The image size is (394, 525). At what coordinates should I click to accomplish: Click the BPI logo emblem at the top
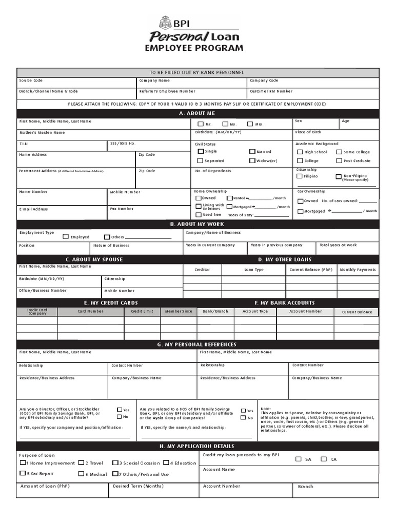click(165, 23)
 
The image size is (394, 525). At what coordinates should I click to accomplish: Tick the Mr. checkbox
click(201, 124)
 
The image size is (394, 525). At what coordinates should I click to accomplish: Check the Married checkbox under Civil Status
click(252, 152)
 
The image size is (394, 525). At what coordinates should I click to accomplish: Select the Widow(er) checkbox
click(252, 160)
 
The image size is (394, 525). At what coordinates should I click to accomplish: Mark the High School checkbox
click(300, 152)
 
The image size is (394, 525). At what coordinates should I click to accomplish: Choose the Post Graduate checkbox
click(339, 160)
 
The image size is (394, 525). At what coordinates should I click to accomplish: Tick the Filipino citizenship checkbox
click(300, 176)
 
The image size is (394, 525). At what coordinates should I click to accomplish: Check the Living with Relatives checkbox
click(199, 206)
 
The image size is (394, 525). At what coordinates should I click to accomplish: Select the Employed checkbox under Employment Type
click(66, 237)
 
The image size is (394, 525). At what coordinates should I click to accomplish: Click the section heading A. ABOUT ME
click(198, 113)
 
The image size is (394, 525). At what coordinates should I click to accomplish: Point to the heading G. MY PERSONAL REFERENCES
click(198, 345)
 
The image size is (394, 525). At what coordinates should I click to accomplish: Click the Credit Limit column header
click(142, 311)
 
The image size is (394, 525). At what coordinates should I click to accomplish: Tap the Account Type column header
click(255, 311)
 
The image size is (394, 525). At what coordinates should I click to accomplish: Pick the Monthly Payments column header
click(358, 270)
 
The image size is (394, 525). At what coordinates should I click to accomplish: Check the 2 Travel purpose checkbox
click(81, 463)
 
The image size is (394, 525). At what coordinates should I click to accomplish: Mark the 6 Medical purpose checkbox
click(81, 474)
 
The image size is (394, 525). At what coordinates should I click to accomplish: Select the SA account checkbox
click(299, 459)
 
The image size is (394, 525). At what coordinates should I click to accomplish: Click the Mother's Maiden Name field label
click(42, 132)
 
